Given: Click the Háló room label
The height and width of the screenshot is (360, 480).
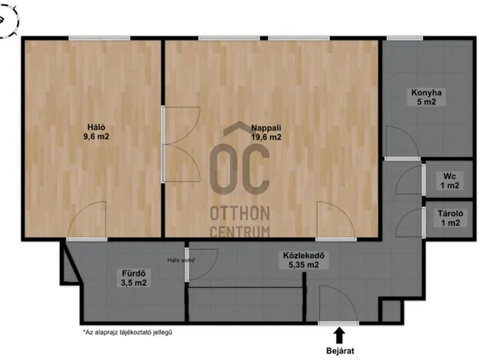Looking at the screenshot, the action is [x=96, y=132].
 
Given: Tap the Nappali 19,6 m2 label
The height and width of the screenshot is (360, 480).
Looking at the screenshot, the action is [x=266, y=132].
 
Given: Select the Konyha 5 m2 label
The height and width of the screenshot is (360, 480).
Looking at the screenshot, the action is [x=426, y=97].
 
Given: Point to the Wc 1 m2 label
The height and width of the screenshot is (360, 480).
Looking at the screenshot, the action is [x=450, y=181].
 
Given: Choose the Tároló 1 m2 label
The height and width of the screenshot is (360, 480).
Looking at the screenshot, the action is [x=450, y=218].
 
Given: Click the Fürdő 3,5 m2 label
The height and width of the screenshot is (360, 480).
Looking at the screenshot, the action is [x=133, y=277].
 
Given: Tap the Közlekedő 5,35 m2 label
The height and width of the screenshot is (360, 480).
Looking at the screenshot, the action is [x=304, y=260].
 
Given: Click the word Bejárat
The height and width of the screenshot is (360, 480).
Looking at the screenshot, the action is [x=340, y=351].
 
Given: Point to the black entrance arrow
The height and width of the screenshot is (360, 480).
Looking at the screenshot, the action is [x=339, y=335].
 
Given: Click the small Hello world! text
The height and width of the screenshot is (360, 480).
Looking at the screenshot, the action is [x=181, y=260].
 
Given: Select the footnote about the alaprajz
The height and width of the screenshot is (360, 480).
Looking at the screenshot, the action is [x=127, y=331].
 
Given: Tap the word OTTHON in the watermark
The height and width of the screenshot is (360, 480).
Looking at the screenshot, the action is [x=240, y=213].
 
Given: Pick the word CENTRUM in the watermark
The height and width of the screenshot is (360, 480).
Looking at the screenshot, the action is [x=240, y=232].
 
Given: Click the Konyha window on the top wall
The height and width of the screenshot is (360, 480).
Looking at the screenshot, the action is [x=405, y=38].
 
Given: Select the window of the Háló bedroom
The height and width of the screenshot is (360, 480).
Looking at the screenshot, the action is [x=100, y=38].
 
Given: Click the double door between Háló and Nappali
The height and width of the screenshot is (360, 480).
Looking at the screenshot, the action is [x=181, y=145].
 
